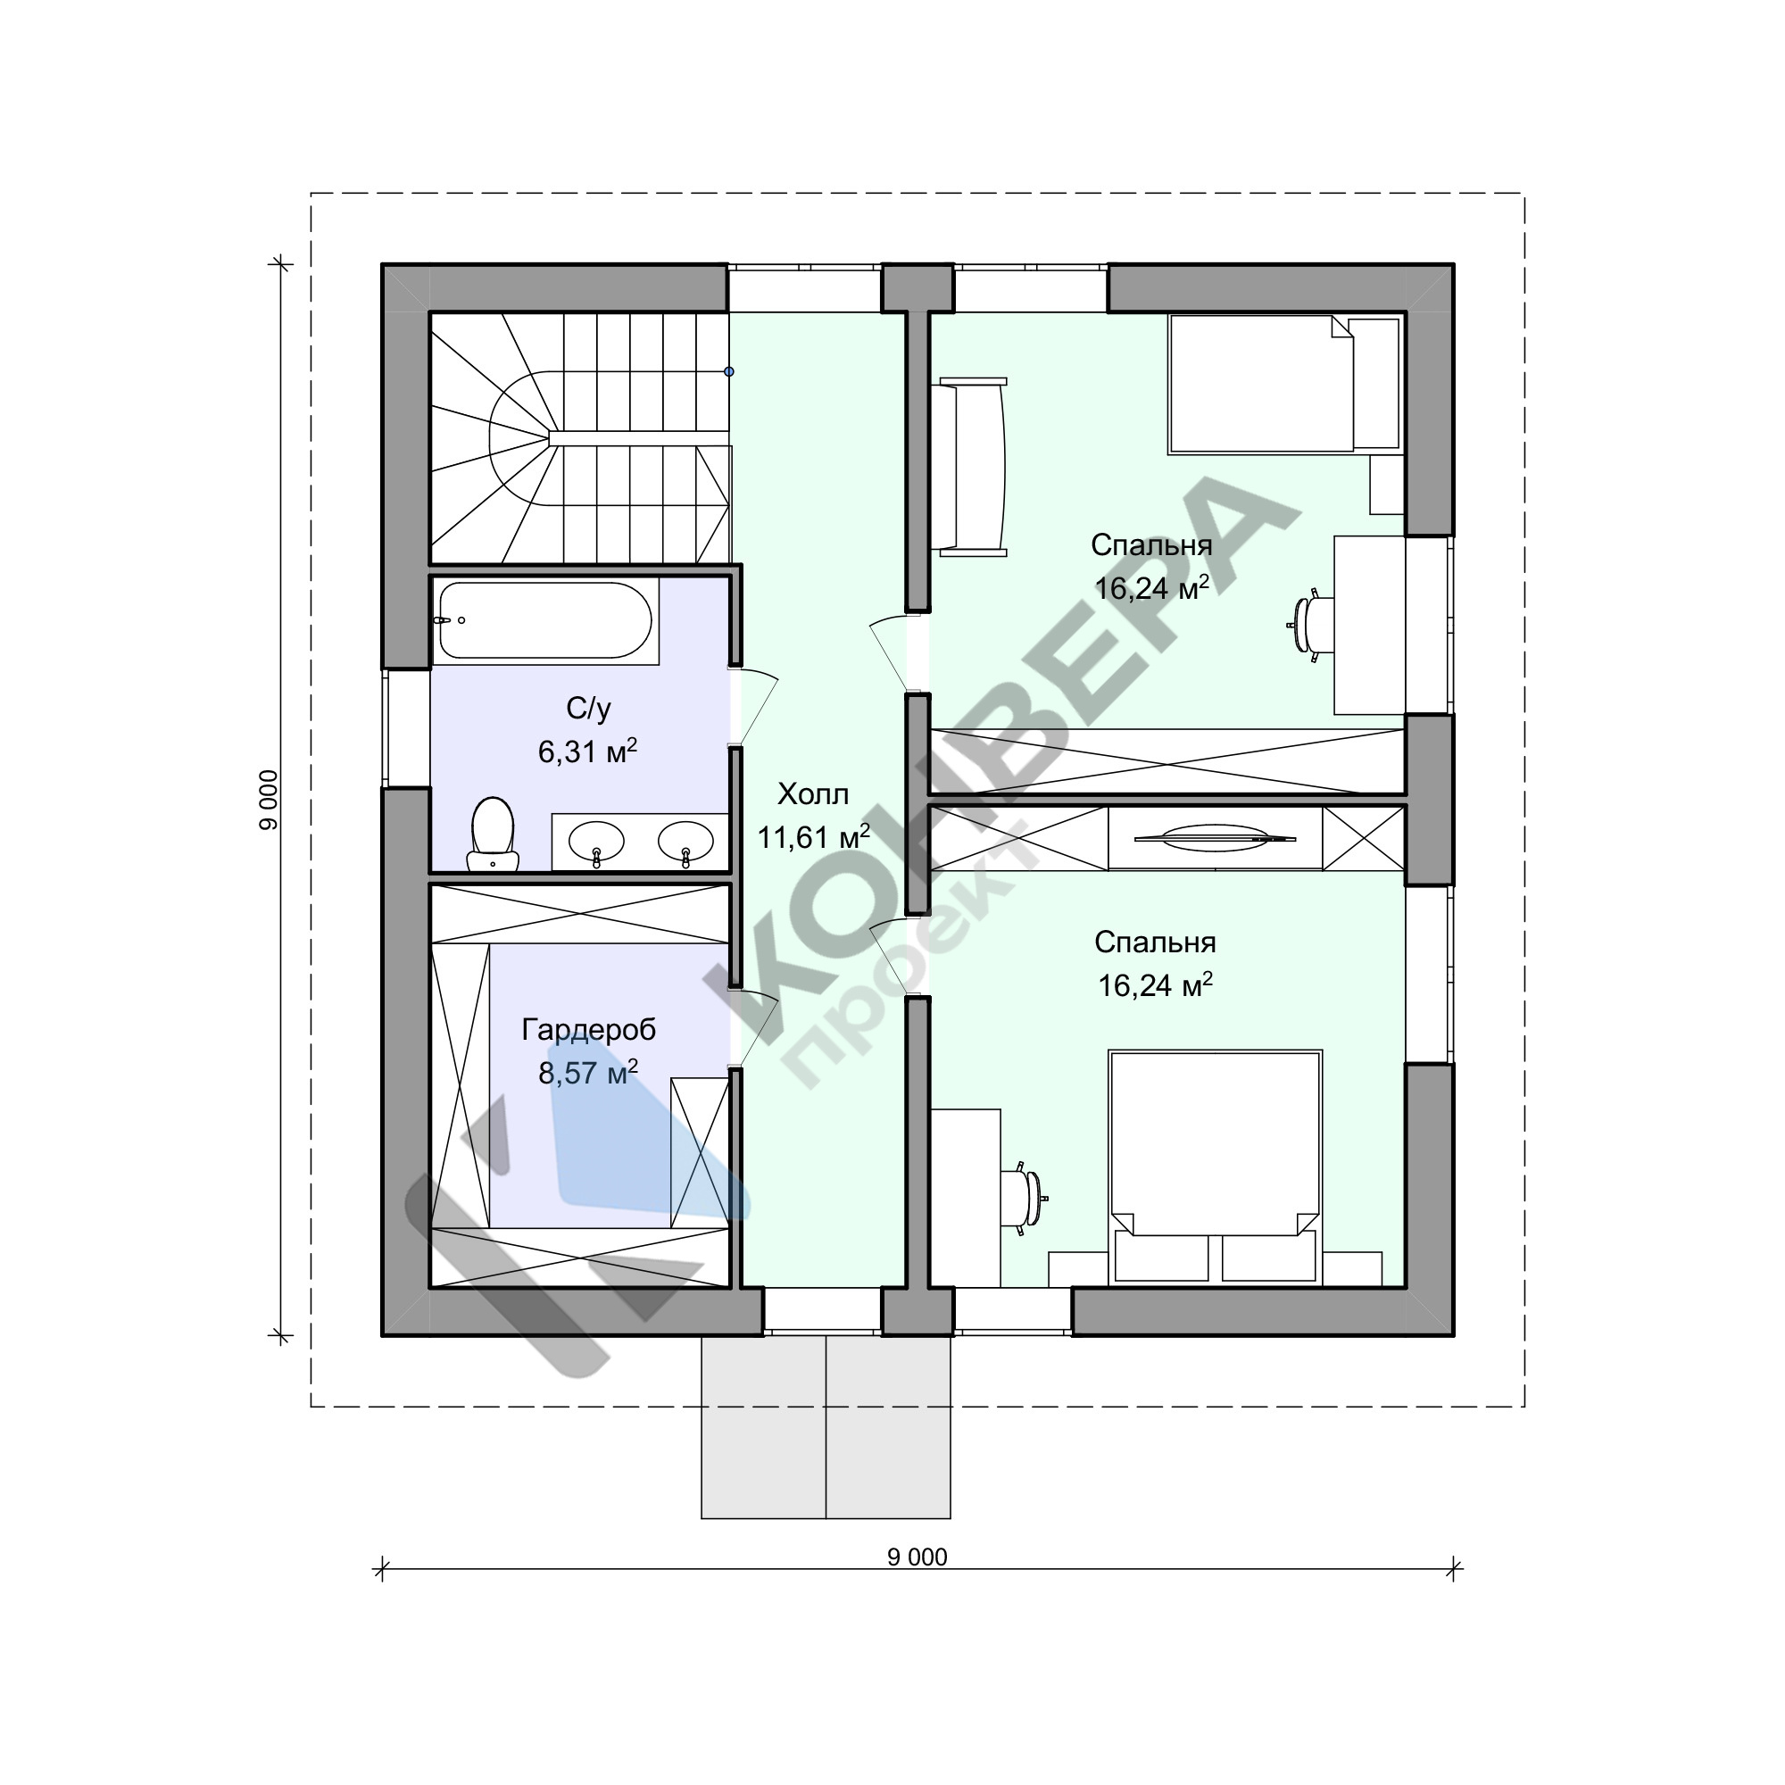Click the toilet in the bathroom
click(x=494, y=834)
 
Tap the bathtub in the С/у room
click(x=545, y=621)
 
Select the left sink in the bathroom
click(x=596, y=842)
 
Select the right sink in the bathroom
click(x=685, y=842)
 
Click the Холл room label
click(x=813, y=793)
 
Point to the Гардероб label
click(x=588, y=1030)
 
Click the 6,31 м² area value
click(x=587, y=751)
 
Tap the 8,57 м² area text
click(x=587, y=1073)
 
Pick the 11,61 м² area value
click(x=813, y=837)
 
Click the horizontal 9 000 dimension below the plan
click(x=917, y=1557)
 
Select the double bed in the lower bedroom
click(x=1215, y=1166)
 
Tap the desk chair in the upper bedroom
click(x=1310, y=627)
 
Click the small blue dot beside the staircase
click(x=729, y=371)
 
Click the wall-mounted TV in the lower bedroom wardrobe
click(x=1215, y=839)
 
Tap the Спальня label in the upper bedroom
click(x=1151, y=545)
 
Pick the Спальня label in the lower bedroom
click(x=1155, y=942)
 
